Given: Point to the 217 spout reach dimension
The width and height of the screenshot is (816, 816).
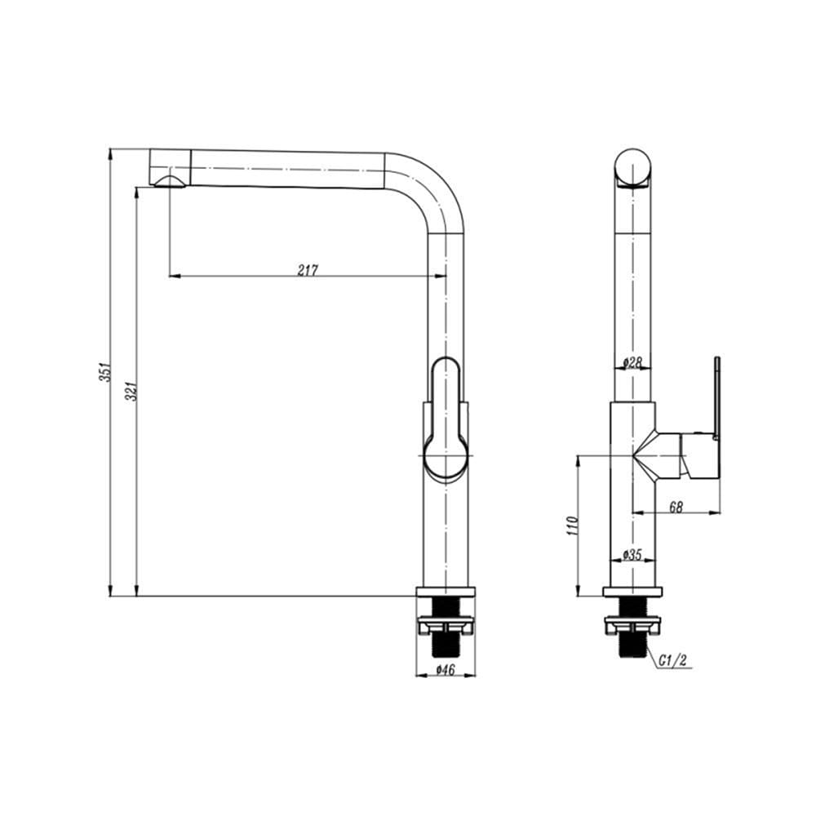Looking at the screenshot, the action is [x=308, y=269].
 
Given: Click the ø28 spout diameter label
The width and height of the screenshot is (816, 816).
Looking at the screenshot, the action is [x=632, y=362].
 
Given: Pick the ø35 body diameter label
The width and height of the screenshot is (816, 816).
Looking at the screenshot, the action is [x=632, y=555].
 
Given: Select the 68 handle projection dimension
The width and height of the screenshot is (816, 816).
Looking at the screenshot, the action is [x=676, y=507].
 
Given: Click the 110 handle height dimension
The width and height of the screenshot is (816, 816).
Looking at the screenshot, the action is [x=573, y=526].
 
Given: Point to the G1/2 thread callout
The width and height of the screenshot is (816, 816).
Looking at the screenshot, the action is [x=672, y=660].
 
